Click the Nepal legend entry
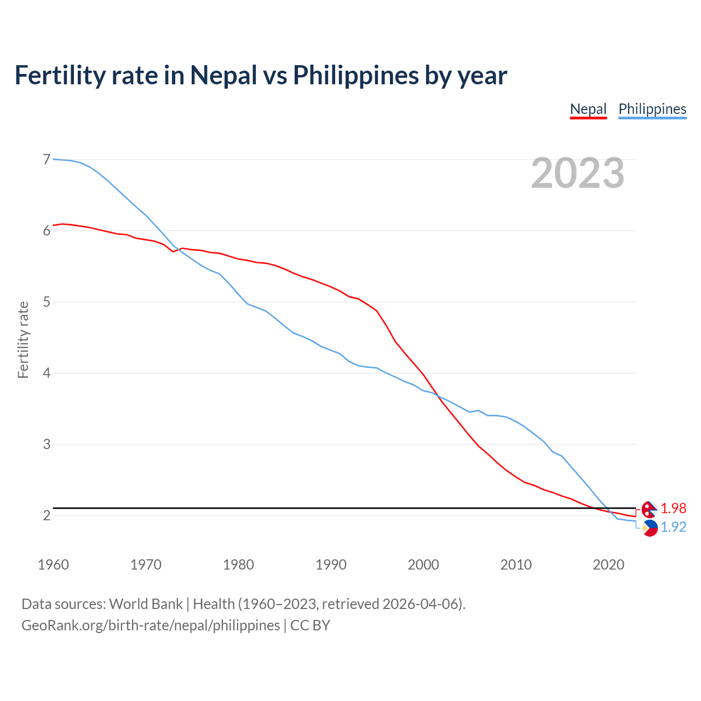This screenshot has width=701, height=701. point(588,109)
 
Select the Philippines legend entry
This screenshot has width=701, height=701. point(652,109)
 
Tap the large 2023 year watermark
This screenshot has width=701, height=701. point(578,173)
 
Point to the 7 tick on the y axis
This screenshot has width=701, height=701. point(47,159)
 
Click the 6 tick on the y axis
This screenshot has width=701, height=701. point(47,231)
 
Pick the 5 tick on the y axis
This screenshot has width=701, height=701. point(47,302)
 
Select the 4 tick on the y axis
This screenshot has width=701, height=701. point(47,373)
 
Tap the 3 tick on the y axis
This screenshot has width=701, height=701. point(47,444)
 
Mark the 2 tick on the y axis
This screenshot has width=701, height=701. point(47,515)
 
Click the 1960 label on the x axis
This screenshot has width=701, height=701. point(53,565)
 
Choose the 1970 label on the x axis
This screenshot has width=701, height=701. point(146,565)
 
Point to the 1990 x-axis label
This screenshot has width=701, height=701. point(331,565)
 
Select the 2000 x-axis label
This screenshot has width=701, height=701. point(423,565)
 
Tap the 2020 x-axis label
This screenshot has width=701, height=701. point(608,565)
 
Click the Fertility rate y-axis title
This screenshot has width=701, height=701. point(23,340)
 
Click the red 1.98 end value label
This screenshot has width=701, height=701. point(673,509)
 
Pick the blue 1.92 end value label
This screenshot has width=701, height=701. point(673,527)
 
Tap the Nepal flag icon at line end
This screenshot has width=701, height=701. point(650,509)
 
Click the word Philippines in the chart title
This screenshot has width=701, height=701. point(356,76)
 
